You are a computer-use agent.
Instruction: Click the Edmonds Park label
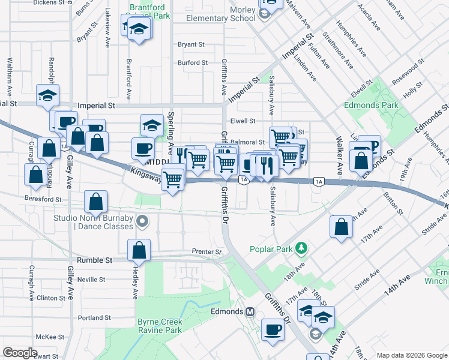click(x=371, y=105)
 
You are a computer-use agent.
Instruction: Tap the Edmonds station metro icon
click(x=251, y=312)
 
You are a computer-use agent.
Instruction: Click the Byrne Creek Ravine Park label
click(x=160, y=326)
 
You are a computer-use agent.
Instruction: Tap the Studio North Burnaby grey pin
click(x=142, y=222)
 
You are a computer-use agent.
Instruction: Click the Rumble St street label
click(x=95, y=260)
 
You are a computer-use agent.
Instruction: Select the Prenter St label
click(x=206, y=251)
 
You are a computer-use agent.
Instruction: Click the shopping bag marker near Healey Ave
click(x=139, y=251)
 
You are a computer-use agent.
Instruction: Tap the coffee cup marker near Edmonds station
click(x=273, y=329)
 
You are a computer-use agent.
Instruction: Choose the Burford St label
click(x=192, y=62)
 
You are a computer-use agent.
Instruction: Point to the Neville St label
click(x=91, y=280)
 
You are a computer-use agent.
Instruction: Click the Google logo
click(x=20, y=353)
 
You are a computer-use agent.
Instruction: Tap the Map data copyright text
click(x=412, y=355)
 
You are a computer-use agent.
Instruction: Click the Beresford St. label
click(x=43, y=199)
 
